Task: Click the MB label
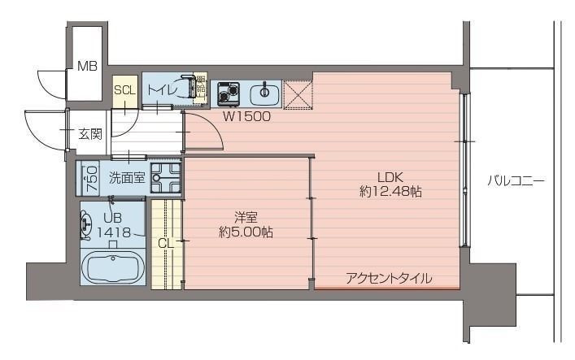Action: [87, 67]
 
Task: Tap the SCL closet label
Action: [124, 90]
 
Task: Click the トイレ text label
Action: [166, 89]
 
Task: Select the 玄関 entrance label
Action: [90, 134]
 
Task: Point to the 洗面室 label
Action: [127, 177]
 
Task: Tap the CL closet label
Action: [165, 242]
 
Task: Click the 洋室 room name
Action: [246, 217]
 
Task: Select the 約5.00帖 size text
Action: [246, 232]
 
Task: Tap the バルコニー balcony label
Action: [516, 180]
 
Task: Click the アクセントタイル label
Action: [389, 278]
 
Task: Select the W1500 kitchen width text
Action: [247, 115]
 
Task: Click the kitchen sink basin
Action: [262, 93]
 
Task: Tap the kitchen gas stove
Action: [226, 93]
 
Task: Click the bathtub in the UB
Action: [114, 267]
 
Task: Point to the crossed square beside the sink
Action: [298, 93]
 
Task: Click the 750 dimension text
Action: [91, 178]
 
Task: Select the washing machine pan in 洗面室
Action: [166, 177]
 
